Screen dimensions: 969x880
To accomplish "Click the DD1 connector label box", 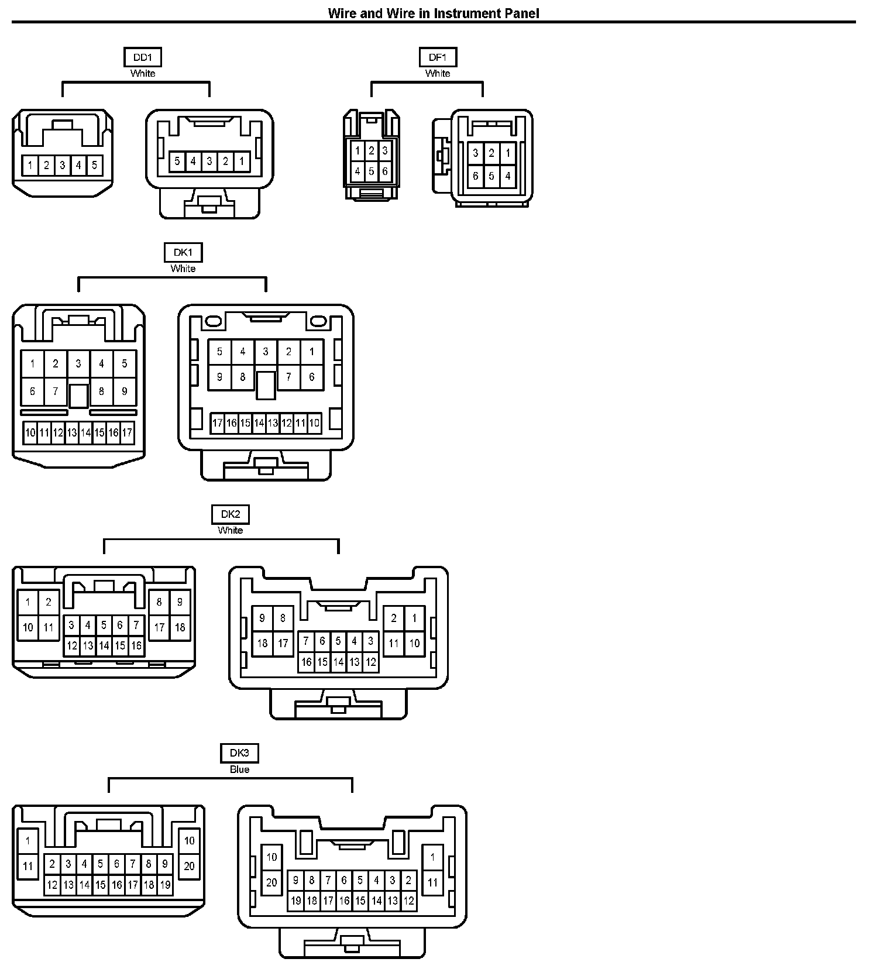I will point(143,57).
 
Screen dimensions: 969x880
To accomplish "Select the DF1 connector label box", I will point(438,57).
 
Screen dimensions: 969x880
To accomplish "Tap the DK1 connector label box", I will point(183,253).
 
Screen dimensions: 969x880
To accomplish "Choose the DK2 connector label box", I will point(231,514).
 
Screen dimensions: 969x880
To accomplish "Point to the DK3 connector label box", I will point(239,753).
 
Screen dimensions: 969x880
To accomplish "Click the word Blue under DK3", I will point(239,769).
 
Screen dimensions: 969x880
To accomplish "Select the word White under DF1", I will point(438,74).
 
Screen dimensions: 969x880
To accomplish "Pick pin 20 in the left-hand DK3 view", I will point(190,866).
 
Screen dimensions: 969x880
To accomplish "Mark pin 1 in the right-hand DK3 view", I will point(432,857).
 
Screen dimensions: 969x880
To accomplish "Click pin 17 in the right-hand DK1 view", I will point(218,423).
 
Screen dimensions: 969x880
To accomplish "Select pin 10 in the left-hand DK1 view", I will point(30,433).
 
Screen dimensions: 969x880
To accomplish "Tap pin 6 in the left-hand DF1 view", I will point(385,171).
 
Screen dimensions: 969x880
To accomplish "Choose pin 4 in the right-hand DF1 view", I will point(507,176).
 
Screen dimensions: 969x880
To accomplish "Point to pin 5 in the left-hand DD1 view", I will point(94,165).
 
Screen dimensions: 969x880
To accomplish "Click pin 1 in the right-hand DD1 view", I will point(242,161).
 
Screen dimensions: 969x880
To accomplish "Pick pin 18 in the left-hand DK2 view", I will point(180,627).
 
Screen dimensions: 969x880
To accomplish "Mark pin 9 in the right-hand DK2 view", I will point(262,618).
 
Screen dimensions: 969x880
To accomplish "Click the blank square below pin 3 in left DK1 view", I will point(78,396).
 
